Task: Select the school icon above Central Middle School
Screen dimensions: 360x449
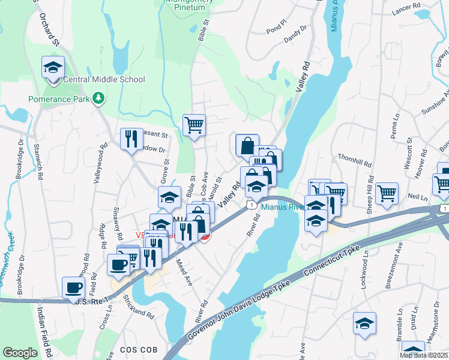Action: click(x=53, y=67)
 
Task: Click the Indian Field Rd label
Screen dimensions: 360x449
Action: click(x=41, y=329)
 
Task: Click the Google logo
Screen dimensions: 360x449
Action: click(x=20, y=353)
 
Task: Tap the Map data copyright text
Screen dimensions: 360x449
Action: click(x=423, y=355)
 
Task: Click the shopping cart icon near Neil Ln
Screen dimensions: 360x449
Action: click(x=387, y=193)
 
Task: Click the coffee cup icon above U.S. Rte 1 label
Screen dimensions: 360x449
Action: click(x=74, y=287)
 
